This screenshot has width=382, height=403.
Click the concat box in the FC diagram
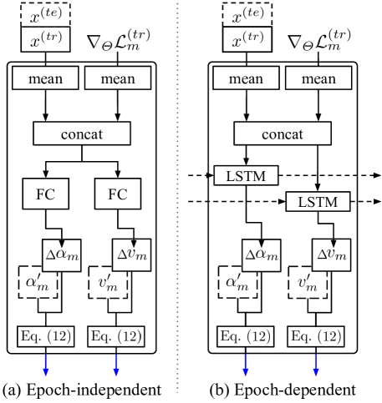tap(81, 133)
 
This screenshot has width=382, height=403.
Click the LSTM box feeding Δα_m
tap(245, 177)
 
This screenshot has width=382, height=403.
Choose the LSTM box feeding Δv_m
tap(316, 202)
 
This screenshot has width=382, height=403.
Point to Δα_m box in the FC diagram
tap(61, 254)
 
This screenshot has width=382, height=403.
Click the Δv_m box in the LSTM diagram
tap(331, 254)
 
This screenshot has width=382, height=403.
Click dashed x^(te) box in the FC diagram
tap(47, 16)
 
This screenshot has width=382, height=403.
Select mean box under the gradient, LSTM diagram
tap(316, 80)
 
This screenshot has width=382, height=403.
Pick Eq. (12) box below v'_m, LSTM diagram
tap(316, 338)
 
